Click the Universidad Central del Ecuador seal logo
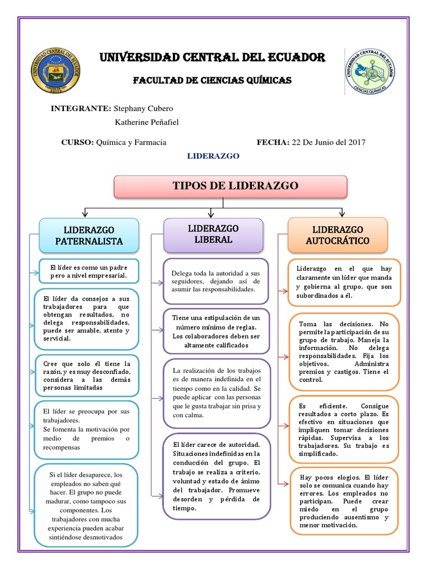pos(54,70)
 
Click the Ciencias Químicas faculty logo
pos(371,71)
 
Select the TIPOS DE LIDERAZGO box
pos(230,186)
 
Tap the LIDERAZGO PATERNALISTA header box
pos(89,235)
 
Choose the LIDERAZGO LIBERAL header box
pos(213,234)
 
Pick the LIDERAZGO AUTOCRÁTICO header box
pos(337,235)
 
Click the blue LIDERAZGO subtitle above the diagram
pos(213,156)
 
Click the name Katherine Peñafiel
pos(147,122)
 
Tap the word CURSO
pos(77,142)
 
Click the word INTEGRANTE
pos(81,108)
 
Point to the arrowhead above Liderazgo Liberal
pos(211,213)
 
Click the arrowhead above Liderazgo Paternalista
pos(85,213)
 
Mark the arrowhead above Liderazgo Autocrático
pos(341,213)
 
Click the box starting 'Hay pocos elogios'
pos(344,501)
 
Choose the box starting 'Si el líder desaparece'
pos(86,506)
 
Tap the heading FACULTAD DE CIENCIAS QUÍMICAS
pos(212,81)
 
